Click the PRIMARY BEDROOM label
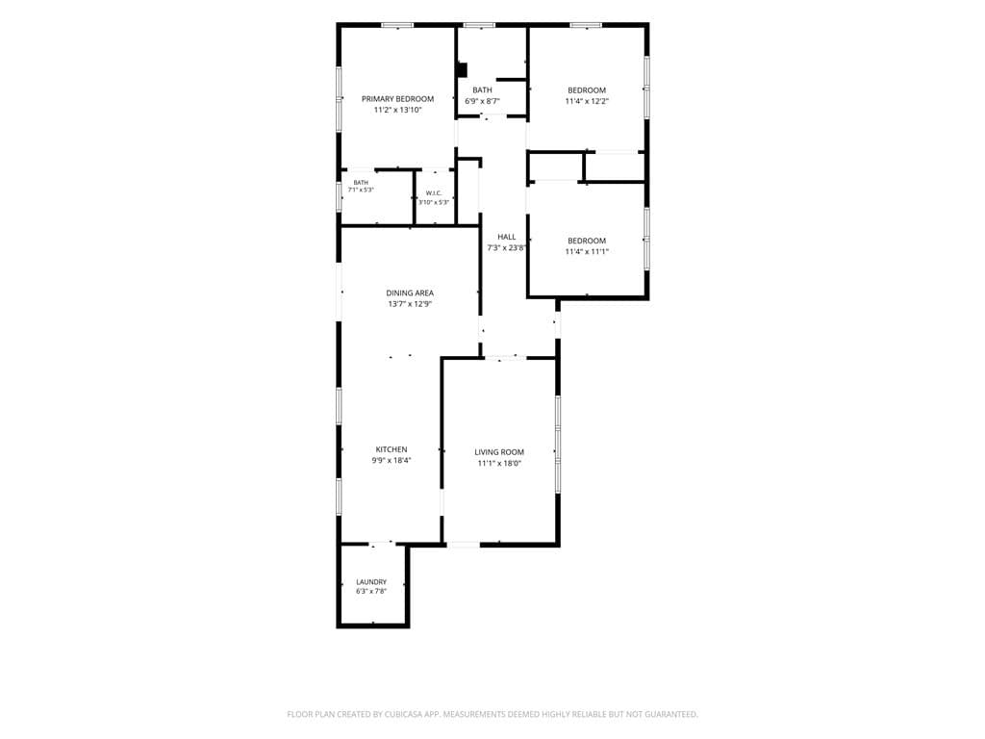397,99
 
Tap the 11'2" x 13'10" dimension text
397,110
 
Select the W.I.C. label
434,192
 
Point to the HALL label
506,237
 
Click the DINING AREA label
410,293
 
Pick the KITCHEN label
391,449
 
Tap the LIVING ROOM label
499,452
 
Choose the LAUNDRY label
371,582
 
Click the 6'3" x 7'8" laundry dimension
371,592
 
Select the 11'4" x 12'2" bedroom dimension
587,101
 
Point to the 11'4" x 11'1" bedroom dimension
587,252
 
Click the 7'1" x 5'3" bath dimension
362,190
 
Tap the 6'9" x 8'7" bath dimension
483,101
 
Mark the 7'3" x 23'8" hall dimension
506,248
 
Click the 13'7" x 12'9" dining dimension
410,304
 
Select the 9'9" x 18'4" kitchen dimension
391,461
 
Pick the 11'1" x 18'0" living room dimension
499,464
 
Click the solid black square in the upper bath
463,69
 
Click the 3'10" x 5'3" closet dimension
434,202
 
